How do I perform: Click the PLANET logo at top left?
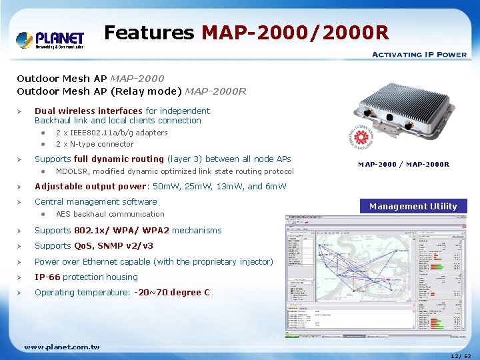[50, 39]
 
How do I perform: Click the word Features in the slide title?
[149, 32]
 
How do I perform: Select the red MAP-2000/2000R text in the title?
[295, 32]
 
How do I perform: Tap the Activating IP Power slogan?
[419, 55]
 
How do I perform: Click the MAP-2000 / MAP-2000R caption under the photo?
[403, 165]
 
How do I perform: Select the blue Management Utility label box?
[413, 206]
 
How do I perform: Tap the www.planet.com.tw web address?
[61, 347]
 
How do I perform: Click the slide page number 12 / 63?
[459, 356]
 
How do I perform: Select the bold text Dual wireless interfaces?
[89, 111]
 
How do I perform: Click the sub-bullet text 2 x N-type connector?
[95, 144]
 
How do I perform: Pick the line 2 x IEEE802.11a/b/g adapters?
[111, 133]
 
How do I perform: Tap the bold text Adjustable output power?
[90, 186]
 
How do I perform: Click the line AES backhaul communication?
[110, 214]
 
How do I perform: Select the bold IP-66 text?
[47, 277]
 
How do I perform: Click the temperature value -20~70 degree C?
[172, 292]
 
